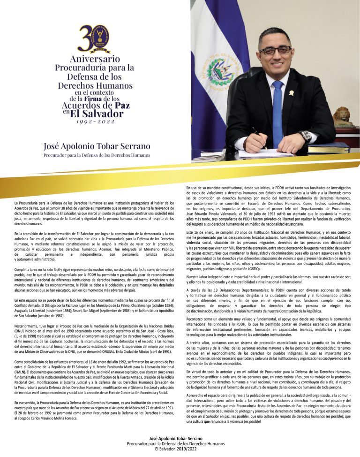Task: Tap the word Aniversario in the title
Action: [96, 59]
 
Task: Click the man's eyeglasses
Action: [275, 50]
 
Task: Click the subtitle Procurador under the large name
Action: [97, 155]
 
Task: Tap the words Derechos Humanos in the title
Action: [96, 86]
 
